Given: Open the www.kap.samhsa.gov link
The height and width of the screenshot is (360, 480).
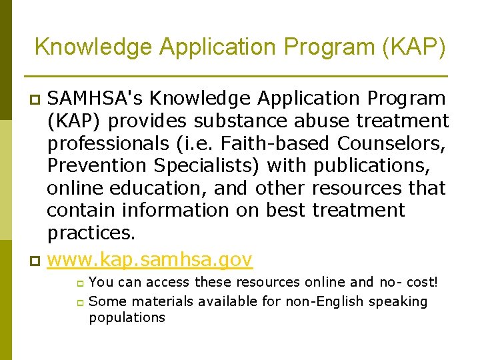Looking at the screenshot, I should tap(150, 259).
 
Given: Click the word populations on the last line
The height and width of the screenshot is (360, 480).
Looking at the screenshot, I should tap(127, 317).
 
